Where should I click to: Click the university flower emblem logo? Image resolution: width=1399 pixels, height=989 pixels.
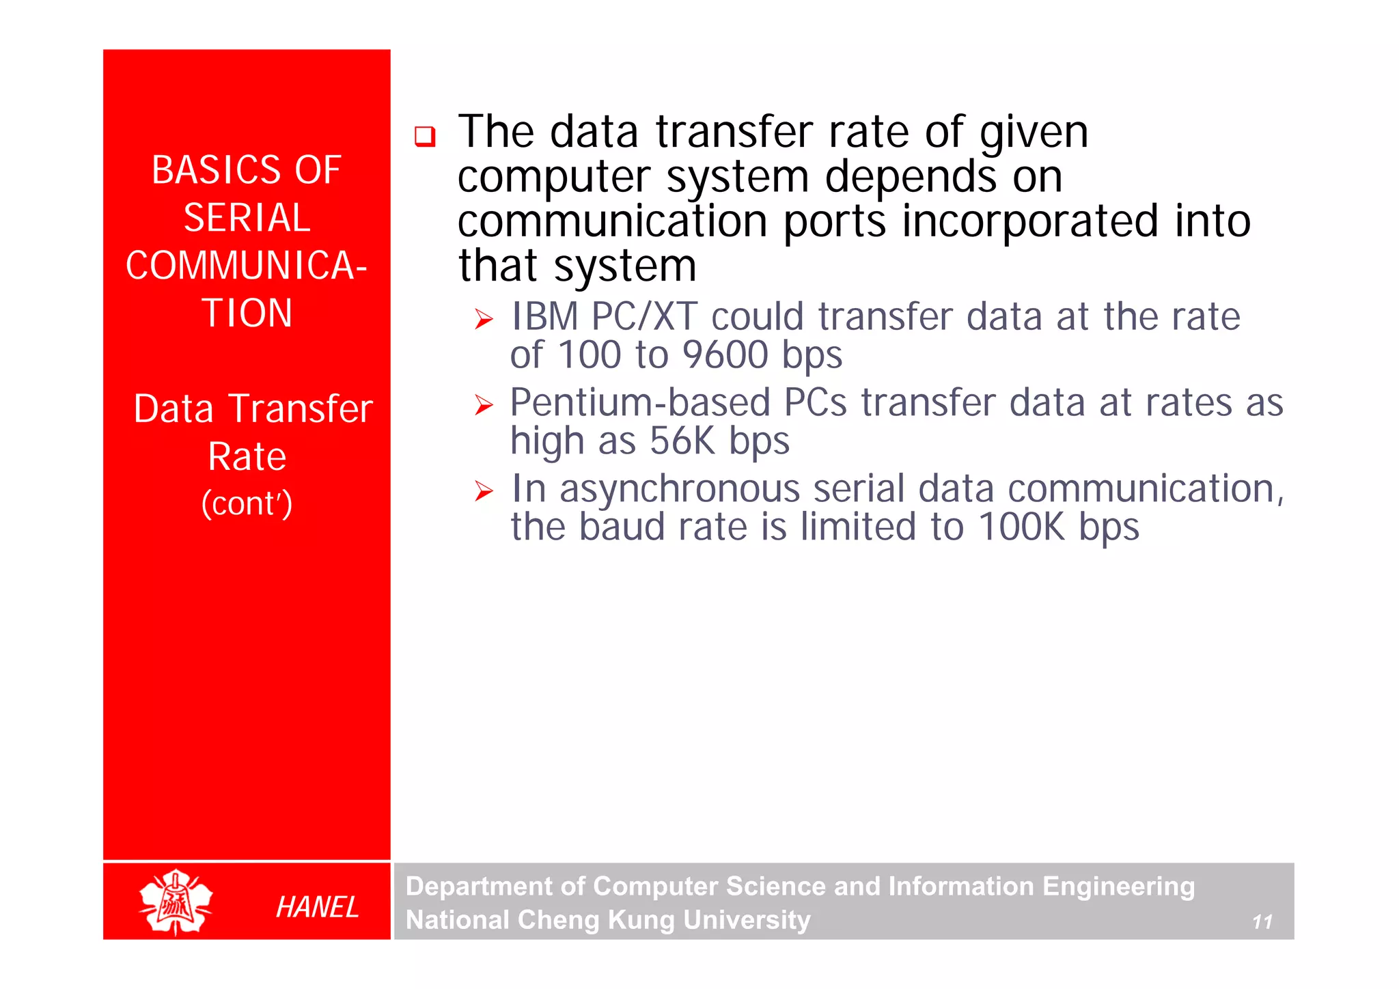tap(176, 902)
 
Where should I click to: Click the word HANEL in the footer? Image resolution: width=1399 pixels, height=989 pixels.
tap(317, 907)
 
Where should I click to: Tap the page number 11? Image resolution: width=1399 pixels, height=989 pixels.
tap(1262, 922)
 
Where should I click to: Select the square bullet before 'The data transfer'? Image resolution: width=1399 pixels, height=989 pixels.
tap(424, 136)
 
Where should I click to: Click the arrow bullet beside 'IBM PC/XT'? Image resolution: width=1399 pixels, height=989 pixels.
tap(484, 319)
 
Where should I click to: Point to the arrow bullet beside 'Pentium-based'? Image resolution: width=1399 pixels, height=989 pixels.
tap(484, 405)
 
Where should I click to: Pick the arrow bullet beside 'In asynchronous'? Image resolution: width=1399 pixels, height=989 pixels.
tap(484, 490)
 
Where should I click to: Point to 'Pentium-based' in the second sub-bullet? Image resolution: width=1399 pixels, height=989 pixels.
tap(639, 402)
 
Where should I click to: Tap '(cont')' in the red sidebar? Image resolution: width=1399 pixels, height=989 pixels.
tap(247, 504)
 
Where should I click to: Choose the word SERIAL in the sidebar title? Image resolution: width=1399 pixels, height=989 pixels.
tap(247, 218)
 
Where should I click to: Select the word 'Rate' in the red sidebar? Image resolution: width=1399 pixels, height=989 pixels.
tap(247, 456)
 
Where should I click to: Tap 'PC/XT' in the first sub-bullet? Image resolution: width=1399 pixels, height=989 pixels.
tap(644, 317)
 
